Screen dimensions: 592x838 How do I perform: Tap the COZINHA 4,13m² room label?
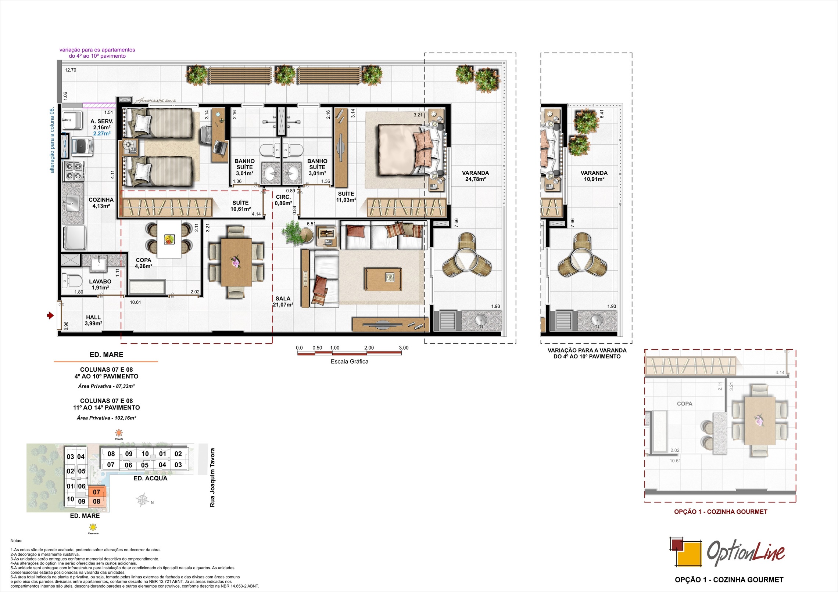pos(101,203)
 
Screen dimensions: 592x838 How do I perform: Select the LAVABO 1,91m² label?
pos(100,284)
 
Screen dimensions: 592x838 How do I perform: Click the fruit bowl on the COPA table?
pos(169,239)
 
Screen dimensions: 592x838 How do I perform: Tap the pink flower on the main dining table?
pos(235,262)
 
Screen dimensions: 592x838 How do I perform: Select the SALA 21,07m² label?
pos(283,302)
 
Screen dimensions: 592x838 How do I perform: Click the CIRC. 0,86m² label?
pos(283,200)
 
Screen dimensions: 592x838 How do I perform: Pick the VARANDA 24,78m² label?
pos(475,176)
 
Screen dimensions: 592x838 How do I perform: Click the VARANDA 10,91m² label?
pos(594,176)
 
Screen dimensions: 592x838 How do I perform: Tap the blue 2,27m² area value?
pos(102,134)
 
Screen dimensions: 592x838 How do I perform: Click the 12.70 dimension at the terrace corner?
pos(71,70)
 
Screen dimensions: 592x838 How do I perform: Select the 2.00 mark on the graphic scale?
pos(369,348)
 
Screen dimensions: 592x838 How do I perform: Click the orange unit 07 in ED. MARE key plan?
pos(97,492)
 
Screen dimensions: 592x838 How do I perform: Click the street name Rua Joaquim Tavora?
pos(212,477)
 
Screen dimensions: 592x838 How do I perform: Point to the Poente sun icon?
pos(119,432)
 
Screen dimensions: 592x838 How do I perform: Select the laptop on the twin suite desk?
pos(221,147)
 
